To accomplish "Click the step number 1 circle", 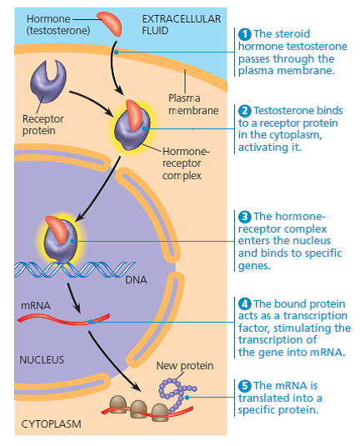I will pos(245,34).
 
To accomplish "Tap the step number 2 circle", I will pos(245,110).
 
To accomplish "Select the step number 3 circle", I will pos(245,205).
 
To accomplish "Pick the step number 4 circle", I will pos(245,303).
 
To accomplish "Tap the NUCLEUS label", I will pos(43,359).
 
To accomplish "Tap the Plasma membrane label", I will pos(192,104).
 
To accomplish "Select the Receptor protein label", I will pos(42,124).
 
